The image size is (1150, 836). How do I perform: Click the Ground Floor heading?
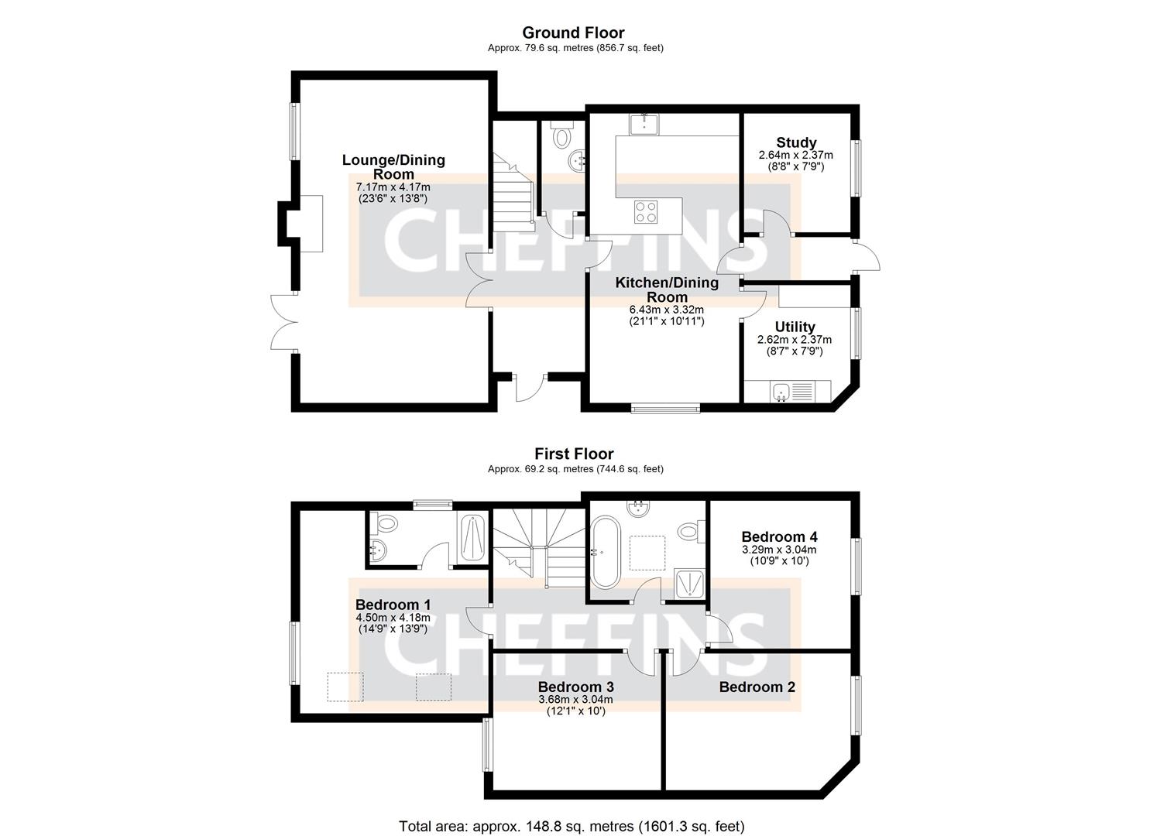[x=573, y=33]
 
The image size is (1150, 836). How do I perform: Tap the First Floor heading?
[x=573, y=454]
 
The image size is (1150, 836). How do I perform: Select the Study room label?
[x=796, y=142]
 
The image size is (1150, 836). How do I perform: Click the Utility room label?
[x=795, y=327]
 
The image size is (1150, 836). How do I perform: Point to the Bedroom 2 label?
[x=757, y=687]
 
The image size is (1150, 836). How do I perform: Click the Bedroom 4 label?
[x=779, y=536]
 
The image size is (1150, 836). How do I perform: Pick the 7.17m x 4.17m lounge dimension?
[x=393, y=187]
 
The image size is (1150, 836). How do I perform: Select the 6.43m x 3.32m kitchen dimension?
[x=666, y=310]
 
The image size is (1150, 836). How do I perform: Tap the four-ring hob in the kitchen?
[x=647, y=211]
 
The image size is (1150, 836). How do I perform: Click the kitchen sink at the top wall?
[x=644, y=124]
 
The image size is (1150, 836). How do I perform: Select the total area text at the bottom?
[x=572, y=826]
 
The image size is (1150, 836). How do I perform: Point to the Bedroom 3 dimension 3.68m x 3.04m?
[x=575, y=700]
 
